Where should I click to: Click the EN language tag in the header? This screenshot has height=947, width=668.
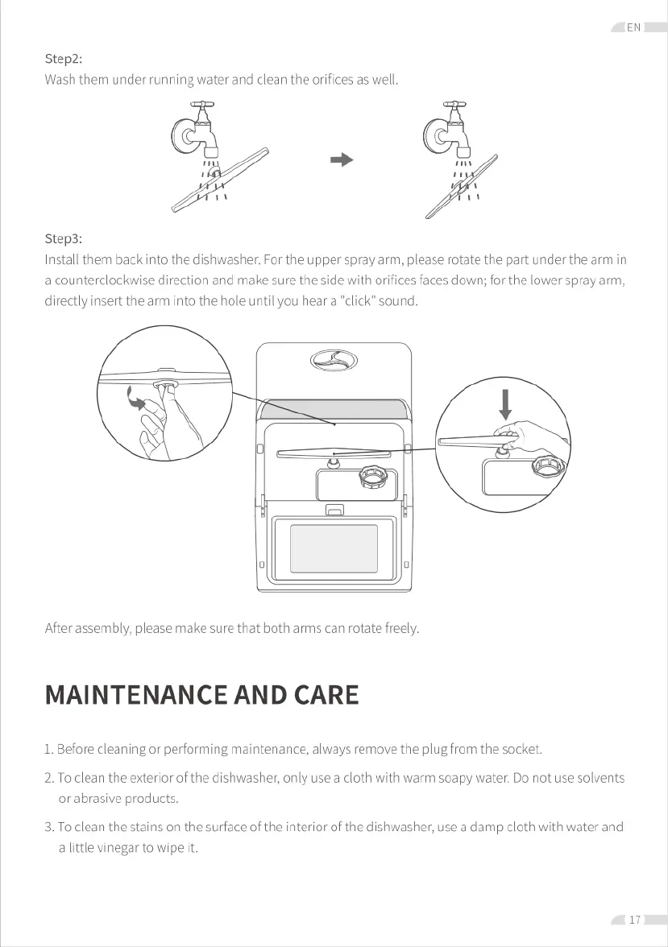(633, 27)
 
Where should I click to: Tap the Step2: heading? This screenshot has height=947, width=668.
(64, 59)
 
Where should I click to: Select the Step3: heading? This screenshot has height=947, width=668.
(64, 238)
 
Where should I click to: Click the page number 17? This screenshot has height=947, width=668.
(635, 920)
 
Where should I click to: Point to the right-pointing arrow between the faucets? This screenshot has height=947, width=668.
(342, 159)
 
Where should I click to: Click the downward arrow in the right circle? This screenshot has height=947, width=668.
(505, 403)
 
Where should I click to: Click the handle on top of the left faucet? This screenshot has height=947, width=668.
(202, 104)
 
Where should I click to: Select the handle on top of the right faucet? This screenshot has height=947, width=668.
(455, 104)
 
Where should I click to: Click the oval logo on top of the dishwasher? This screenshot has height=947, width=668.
(334, 362)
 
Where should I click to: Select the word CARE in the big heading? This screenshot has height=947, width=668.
(326, 695)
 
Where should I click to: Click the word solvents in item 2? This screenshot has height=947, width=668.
(596, 778)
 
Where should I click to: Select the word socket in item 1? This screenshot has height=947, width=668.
(521, 750)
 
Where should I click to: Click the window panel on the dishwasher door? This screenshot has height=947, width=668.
(334, 549)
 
